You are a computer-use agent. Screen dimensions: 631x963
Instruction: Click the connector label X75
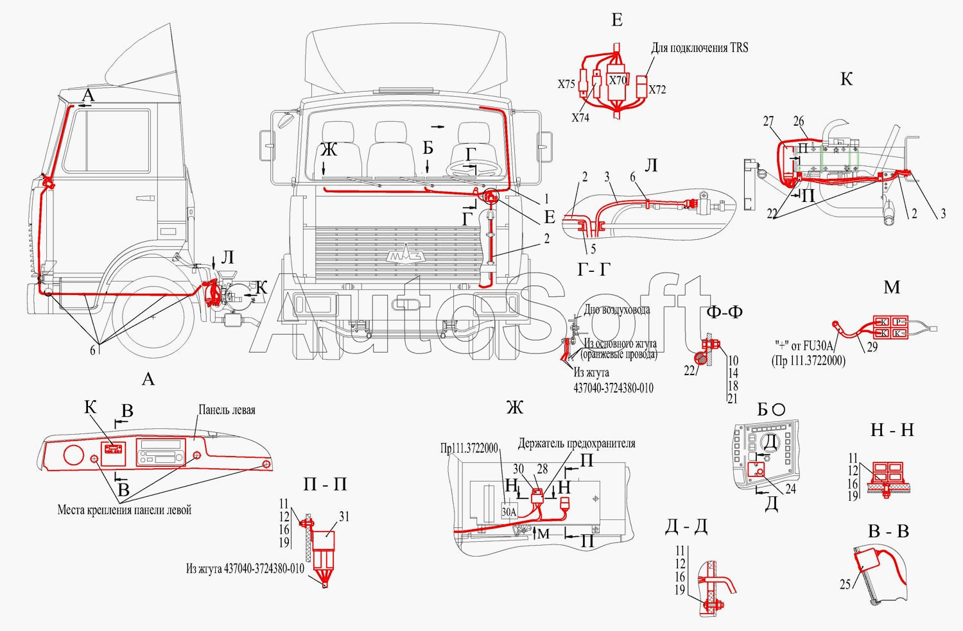tap(566, 84)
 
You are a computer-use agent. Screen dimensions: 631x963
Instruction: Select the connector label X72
tap(657, 90)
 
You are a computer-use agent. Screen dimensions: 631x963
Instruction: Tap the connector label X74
tap(580, 117)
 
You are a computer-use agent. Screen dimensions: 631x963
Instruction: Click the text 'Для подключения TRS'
tap(699, 48)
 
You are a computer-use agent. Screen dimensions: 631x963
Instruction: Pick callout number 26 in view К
tap(798, 121)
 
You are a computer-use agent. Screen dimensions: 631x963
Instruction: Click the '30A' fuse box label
tap(508, 512)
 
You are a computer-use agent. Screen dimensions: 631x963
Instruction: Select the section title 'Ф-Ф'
tap(724, 312)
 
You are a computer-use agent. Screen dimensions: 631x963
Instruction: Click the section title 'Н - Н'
tap(892, 430)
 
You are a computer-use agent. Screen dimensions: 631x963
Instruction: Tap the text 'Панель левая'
tap(227, 410)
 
